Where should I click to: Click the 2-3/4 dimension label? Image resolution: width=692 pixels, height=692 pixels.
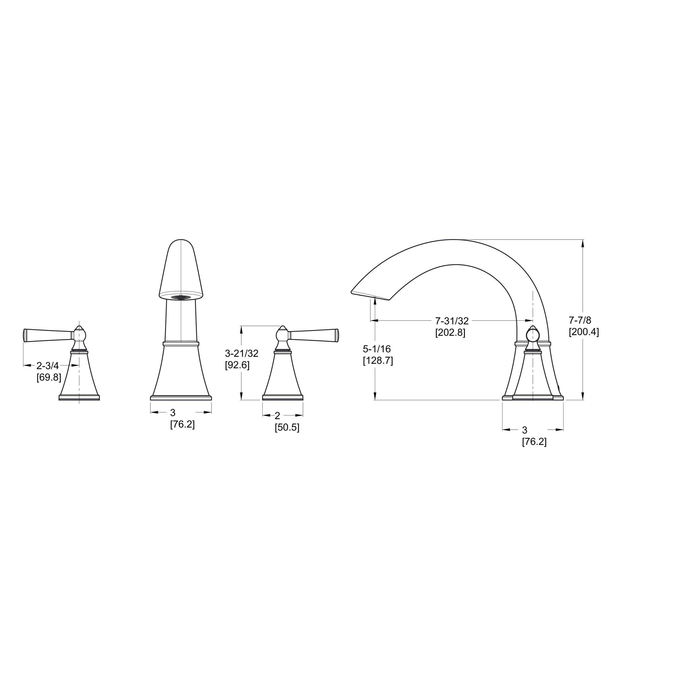(x=48, y=366)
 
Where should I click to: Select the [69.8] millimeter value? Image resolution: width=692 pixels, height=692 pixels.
(x=49, y=378)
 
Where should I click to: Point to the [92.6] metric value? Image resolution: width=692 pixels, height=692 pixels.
(x=237, y=365)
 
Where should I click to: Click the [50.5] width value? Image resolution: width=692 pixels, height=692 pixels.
(x=287, y=428)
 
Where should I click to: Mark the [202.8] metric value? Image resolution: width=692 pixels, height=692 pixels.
(x=450, y=333)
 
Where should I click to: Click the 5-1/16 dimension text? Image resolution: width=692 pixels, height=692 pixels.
(x=377, y=349)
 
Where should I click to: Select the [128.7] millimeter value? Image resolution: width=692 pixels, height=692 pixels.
(x=378, y=361)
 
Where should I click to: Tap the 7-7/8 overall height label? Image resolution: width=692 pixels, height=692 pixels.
(x=580, y=320)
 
